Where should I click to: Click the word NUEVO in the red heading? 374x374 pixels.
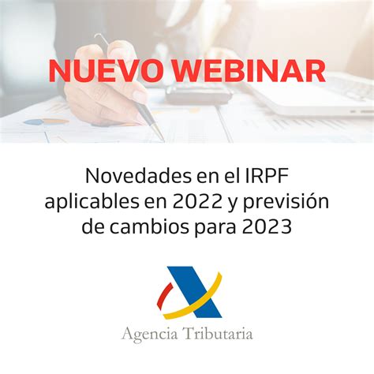point(107,70)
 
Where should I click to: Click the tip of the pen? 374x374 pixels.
point(162,139)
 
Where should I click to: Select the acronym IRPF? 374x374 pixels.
point(262,173)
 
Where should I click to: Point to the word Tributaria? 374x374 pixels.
point(217,333)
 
